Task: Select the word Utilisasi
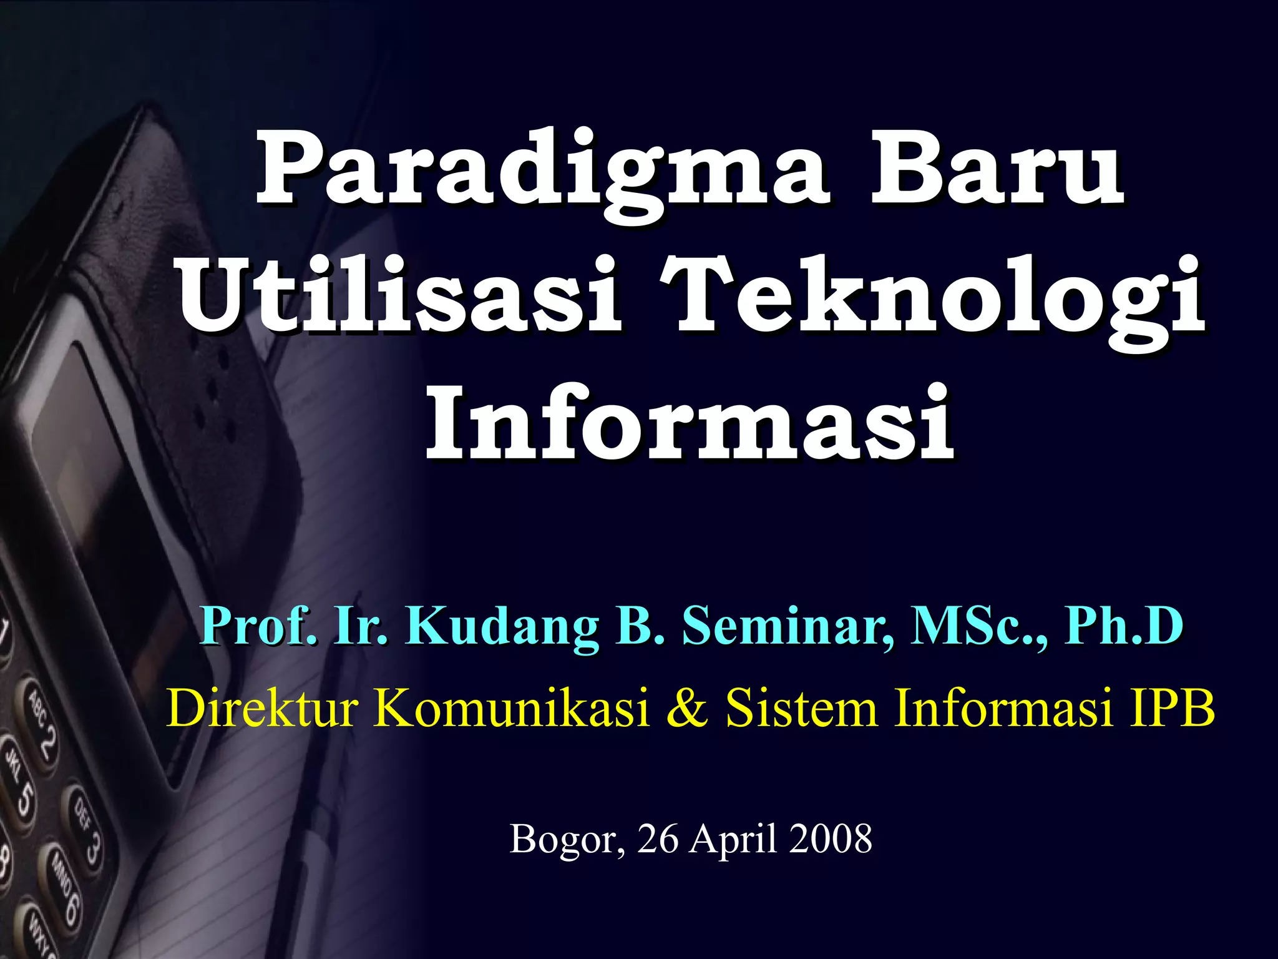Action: (399, 298)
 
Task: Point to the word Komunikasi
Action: (512, 709)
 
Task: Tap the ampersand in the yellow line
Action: (686, 709)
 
